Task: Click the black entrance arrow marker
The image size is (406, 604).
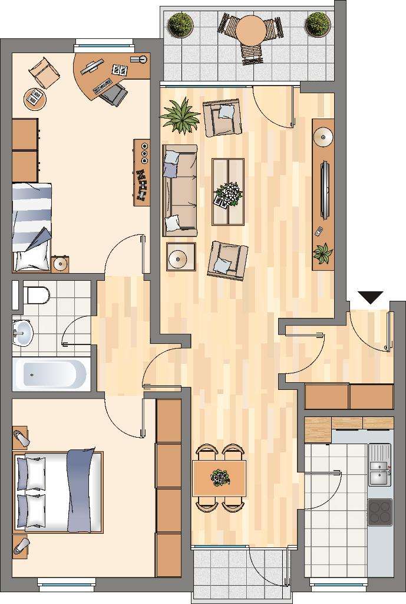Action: (x=371, y=297)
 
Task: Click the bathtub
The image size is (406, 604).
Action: (x=50, y=373)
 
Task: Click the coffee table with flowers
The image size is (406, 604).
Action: (x=227, y=192)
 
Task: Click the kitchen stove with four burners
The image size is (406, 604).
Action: (x=379, y=512)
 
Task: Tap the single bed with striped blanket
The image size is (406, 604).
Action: (x=32, y=226)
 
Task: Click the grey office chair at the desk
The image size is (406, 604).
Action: (x=113, y=93)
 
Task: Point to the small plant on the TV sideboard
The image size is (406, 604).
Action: (x=322, y=254)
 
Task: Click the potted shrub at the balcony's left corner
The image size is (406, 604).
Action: (x=180, y=25)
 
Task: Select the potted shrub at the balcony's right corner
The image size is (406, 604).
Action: (x=317, y=24)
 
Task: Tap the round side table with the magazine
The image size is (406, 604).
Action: (x=35, y=98)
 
